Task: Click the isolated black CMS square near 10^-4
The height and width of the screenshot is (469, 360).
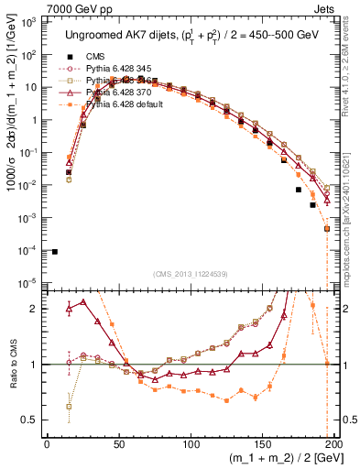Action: pos(55,252)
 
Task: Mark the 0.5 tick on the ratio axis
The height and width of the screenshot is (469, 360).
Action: pos(35,420)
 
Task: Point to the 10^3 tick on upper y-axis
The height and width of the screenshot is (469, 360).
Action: pos(33,22)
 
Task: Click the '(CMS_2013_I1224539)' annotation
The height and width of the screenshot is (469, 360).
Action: pos(190,273)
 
